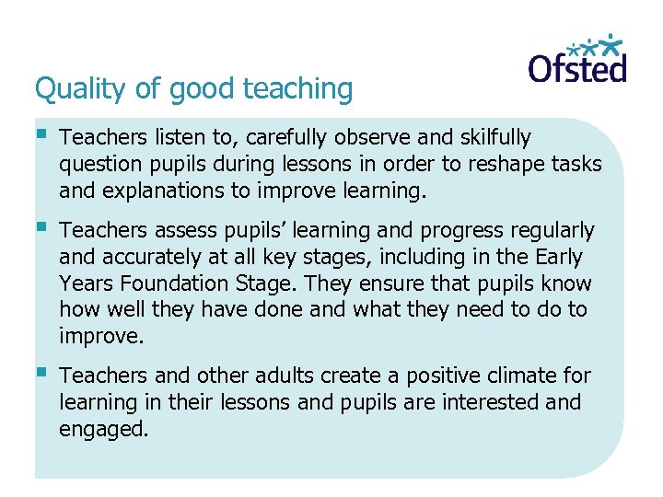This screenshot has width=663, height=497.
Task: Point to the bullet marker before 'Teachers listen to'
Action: coord(41,136)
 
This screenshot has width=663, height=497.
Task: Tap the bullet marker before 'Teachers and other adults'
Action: coord(41,374)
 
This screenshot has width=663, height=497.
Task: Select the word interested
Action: coord(493,402)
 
